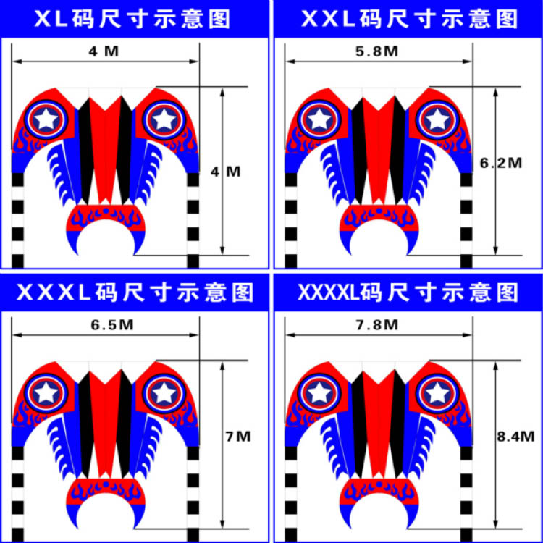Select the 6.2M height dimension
click(x=500, y=164)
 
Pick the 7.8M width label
click(x=378, y=325)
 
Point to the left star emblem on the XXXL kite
click(x=47, y=392)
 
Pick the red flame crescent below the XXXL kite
click(x=106, y=489)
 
